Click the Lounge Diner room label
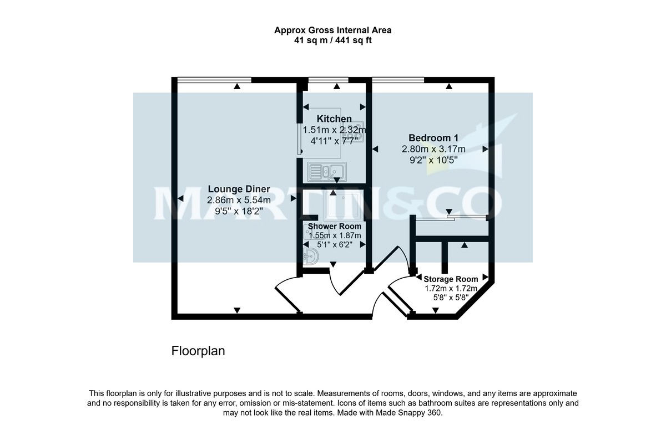point(239,190)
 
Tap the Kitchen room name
point(334,119)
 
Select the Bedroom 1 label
point(433,138)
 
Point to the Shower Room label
point(335,226)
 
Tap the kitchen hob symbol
point(353,130)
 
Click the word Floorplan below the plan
point(198,351)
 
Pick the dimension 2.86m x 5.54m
point(239,200)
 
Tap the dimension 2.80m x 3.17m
point(433,149)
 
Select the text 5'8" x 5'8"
point(451,298)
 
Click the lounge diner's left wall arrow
point(180,198)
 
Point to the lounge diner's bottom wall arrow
point(237,310)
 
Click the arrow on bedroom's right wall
point(485,149)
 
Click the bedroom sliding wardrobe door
point(451,218)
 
